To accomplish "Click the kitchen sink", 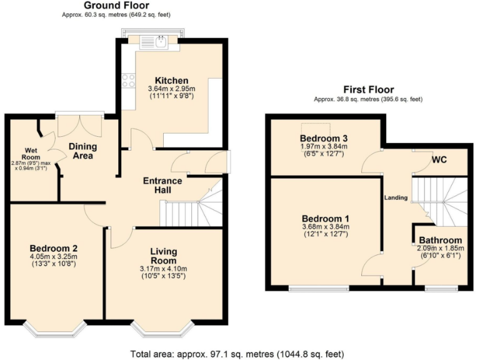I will coord(154,43).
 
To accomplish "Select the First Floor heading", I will coord(367,89).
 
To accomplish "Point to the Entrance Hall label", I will coord(163,186).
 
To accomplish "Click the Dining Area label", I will coord(83,151).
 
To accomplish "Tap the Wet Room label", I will coord(32,151).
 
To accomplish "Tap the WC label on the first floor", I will coord(439,159).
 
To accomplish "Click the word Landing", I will coord(396,197).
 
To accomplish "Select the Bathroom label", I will coord(440,240).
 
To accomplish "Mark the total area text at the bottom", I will coord(240,353).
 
